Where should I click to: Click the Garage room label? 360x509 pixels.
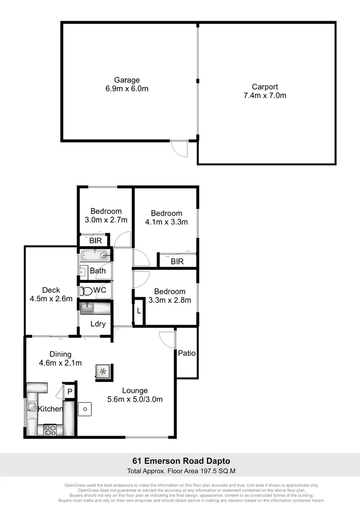click(127, 80)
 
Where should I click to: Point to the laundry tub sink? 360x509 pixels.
click(89, 309)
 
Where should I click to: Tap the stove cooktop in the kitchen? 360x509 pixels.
click(50, 429)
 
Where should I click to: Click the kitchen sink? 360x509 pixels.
click(32, 406)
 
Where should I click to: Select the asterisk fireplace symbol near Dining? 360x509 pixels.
click(102, 371)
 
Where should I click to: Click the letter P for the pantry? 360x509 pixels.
click(70, 391)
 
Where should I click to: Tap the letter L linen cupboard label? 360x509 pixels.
click(139, 311)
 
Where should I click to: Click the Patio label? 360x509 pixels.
click(187, 353)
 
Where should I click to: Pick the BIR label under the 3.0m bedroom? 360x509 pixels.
click(95, 241)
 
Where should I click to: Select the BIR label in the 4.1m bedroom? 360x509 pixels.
click(177, 262)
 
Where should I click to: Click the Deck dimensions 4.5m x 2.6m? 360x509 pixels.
click(51, 298)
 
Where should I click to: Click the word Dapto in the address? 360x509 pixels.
click(216, 460)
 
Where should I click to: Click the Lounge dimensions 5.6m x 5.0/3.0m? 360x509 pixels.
click(135, 399)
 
